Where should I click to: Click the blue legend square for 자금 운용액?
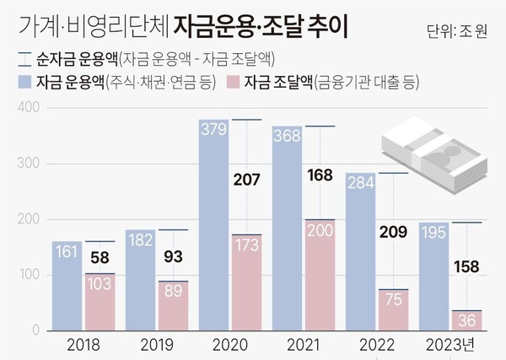(23, 83)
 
